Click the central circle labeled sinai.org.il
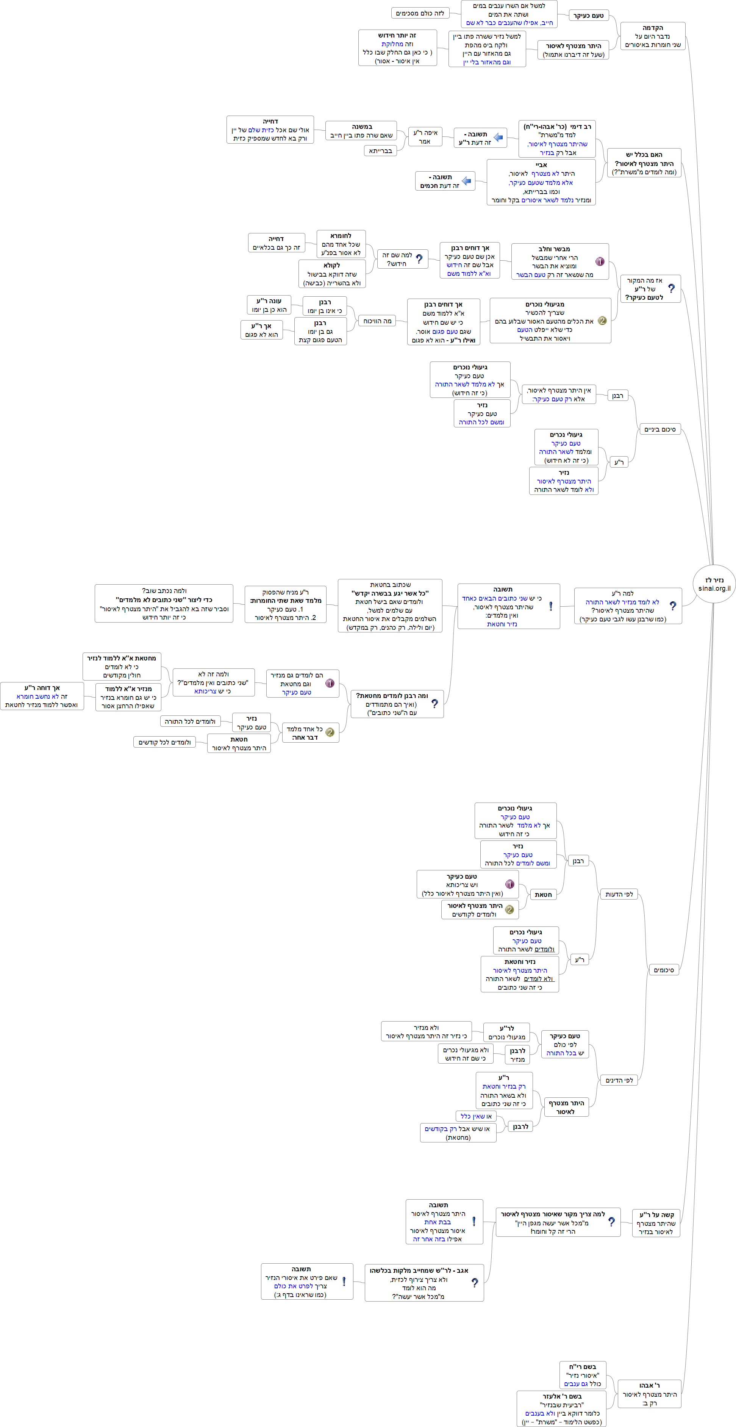point(714,584)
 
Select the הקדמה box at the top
point(652,36)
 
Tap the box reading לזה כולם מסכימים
point(420,13)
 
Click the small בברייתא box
point(380,151)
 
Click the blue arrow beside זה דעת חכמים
point(466,181)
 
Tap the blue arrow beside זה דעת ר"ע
point(498,138)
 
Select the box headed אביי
point(541,182)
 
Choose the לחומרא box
point(341,244)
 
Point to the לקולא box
point(332,274)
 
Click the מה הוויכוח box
point(377,321)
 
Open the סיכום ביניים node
point(659,429)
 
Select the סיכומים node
point(663,970)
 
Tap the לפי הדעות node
point(619,894)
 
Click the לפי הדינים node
point(619,1080)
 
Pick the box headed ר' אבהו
point(649,1394)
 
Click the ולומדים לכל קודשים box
point(164,742)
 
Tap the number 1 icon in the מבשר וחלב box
point(600,261)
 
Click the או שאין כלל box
point(476,1116)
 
